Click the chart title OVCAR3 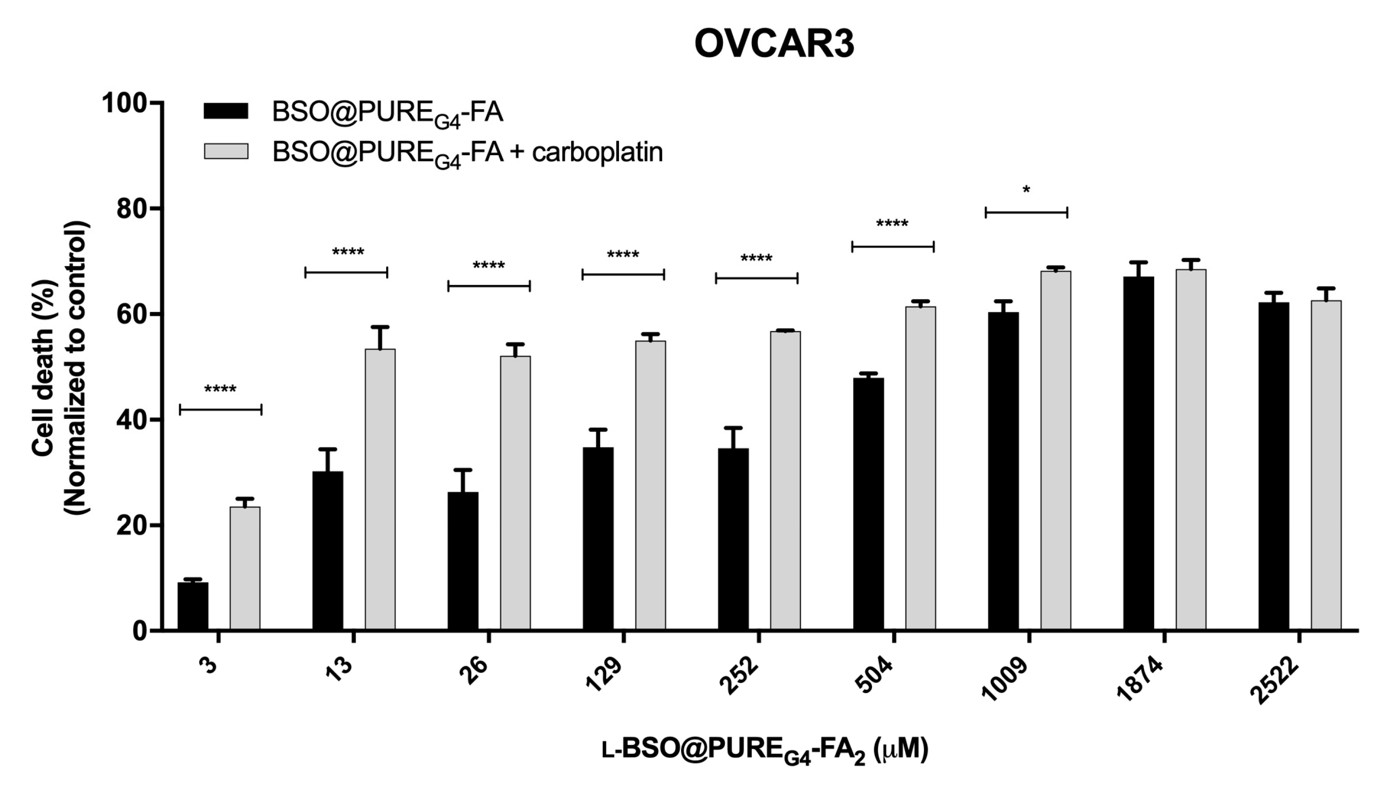coord(774,44)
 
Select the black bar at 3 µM coord(193,606)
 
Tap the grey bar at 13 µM coord(380,489)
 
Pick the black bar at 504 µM coord(868,503)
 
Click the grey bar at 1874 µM coord(1191,449)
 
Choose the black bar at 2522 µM coord(1274,465)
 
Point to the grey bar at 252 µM coord(785,480)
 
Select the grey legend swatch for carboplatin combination coord(225,151)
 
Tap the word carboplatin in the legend coord(597,152)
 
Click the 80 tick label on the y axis coord(132,208)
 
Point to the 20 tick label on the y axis coord(132,525)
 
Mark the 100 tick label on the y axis coord(125,103)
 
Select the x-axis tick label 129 coord(604,674)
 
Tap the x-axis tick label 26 coord(475,671)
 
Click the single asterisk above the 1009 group coord(1026,191)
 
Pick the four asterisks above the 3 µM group coord(220,389)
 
